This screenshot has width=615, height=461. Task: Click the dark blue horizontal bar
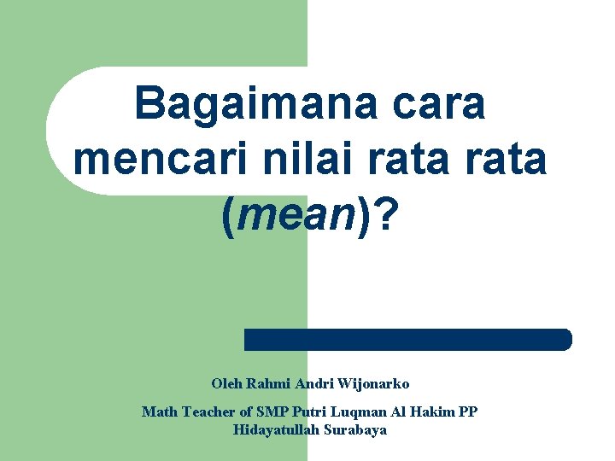click(x=407, y=339)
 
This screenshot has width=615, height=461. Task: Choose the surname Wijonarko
click(x=376, y=384)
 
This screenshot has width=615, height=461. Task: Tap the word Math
click(x=159, y=412)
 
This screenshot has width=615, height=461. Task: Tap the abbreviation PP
click(x=468, y=412)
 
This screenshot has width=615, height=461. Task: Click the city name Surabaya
click(x=355, y=430)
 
